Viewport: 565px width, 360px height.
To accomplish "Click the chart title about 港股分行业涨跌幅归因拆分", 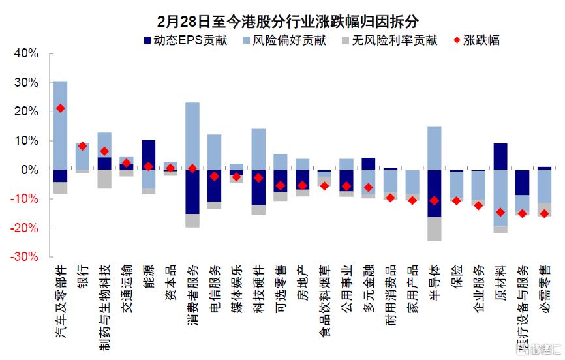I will pos(282,21).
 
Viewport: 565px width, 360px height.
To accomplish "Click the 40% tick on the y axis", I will pos(27,53).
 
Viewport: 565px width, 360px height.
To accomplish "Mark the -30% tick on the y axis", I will pos(25,257).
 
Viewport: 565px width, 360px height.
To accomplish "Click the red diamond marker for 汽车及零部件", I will pos(61,108).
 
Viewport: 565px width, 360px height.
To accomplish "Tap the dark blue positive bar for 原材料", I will pos(500,157).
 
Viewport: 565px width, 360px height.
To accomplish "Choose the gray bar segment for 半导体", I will pos(435,228).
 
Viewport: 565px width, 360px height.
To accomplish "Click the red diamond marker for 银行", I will pos(82,146).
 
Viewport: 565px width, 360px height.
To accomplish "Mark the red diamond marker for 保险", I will pos(457,200).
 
